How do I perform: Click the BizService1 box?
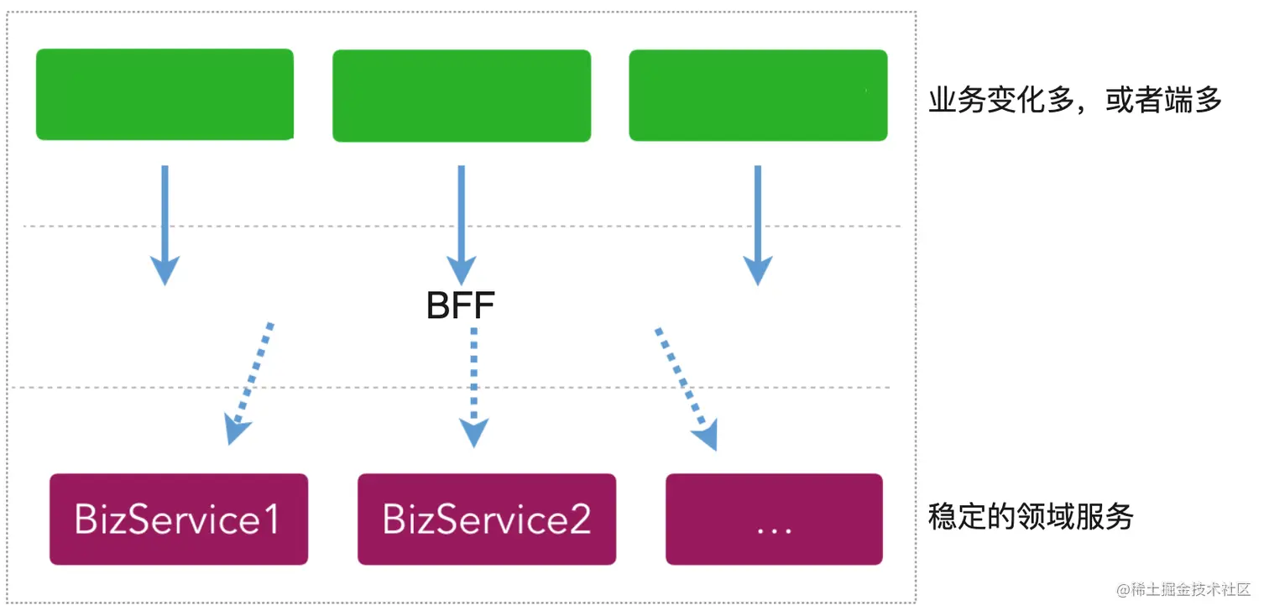(x=179, y=519)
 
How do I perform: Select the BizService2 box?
(x=487, y=519)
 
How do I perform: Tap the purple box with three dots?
(x=774, y=519)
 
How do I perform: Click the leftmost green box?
(x=164, y=94)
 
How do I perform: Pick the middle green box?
(x=462, y=96)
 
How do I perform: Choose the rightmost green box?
(x=758, y=95)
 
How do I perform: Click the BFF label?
(x=460, y=306)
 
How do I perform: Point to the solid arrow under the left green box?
(x=164, y=222)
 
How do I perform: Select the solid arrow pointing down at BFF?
(x=461, y=222)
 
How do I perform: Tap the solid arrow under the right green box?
(x=758, y=222)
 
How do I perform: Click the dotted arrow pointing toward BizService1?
(x=250, y=382)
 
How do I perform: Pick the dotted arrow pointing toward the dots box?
(x=685, y=386)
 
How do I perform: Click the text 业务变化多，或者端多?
(x=1075, y=101)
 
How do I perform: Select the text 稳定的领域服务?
(x=1031, y=516)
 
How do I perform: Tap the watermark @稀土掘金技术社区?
(x=1183, y=589)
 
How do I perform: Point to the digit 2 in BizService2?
(x=580, y=519)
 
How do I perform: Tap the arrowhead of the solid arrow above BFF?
(x=461, y=271)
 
